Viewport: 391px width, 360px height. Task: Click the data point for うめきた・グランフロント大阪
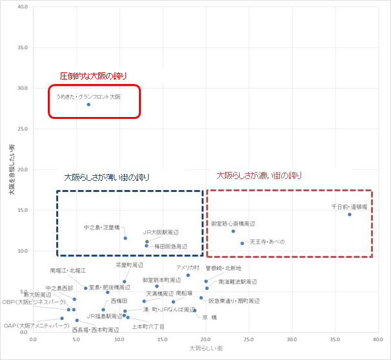[89, 105]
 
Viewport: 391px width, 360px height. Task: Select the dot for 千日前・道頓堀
[350, 215]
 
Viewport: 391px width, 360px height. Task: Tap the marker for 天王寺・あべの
[242, 244]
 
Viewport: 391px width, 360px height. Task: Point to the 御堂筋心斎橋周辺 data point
[233, 231]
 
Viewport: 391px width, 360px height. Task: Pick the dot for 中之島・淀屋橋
[125, 238]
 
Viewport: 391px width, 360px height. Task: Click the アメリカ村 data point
[188, 275]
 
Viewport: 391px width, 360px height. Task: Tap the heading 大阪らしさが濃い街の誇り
[259, 175]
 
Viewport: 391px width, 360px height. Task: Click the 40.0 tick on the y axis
[23, 7]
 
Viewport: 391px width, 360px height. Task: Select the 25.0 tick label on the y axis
[23, 129]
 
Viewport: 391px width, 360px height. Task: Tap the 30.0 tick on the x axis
[292, 339]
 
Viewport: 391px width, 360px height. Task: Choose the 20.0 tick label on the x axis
[206, 339]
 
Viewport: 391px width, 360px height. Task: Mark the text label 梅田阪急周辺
[171, 246]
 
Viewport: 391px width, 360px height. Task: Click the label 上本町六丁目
[148, 327]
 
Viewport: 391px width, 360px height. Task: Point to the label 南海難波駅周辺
[237, 282]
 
